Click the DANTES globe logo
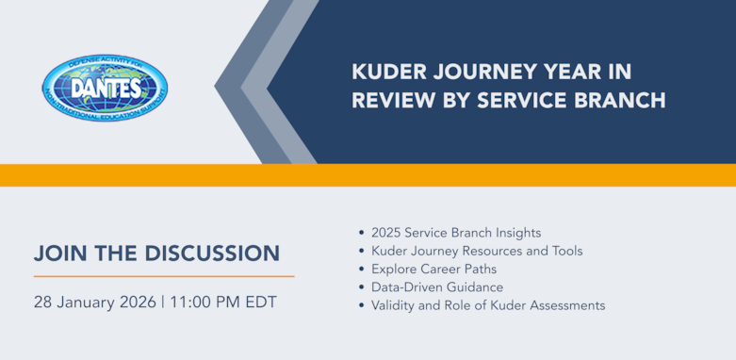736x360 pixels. pyautogui.click(x=104, y=88)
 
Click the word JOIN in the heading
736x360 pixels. pyautogui.click(x=61, y=254)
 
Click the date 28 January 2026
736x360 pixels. pyautogui.click(x=93, y=303)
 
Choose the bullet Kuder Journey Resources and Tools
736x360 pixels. pyautogui.click(x=477, y=251)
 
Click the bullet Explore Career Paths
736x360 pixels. pyautogui.click(x=433, y=269)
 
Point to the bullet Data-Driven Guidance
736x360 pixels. pyautogui.click(x=437, y=286)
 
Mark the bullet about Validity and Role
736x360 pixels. pyautogui.click(x=488, y=305)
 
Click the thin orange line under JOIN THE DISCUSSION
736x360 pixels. pyautogui.click(x=163, y=276)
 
